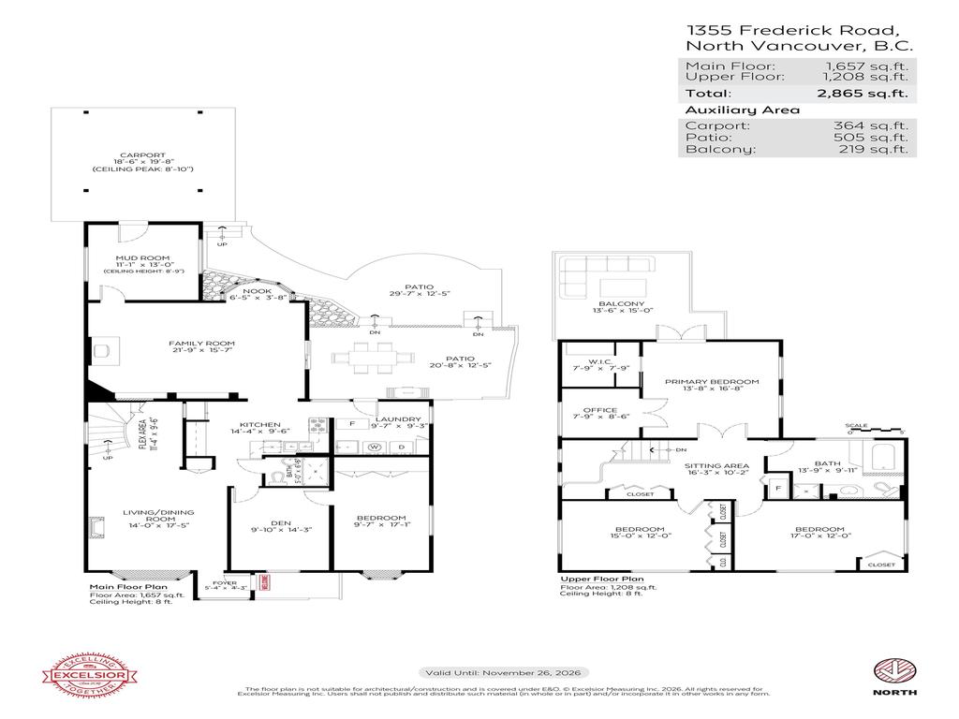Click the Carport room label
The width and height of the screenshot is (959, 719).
point(142,155)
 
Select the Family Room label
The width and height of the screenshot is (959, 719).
point(194,344)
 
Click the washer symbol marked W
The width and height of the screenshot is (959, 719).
point(373,447)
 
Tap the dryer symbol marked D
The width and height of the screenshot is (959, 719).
point(401,447)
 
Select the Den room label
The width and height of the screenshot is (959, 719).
point(280,525)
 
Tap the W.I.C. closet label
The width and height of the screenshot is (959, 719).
point(599,361)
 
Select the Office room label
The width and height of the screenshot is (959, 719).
point(599,410)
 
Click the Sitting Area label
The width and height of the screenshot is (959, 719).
point(716,465)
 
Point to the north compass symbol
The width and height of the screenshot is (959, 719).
point(892,670)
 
